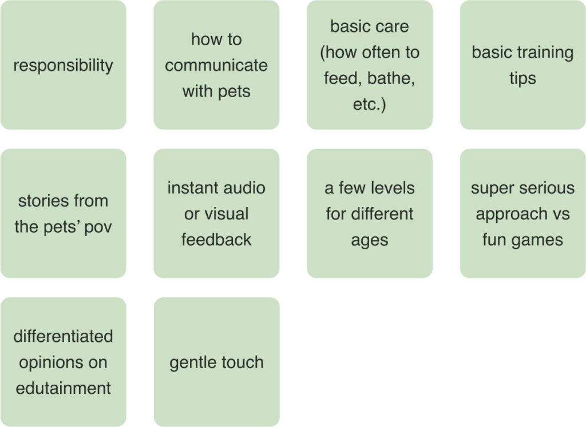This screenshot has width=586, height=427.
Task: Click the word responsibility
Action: (63, 66)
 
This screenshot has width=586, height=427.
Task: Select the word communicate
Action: (216, 65)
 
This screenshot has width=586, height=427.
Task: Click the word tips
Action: (522, 78)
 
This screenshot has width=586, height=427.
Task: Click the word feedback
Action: (216, 240)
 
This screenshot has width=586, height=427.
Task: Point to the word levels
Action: (392, 187)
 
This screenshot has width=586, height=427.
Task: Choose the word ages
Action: (369, 240)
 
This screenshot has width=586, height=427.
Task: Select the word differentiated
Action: (63, 336)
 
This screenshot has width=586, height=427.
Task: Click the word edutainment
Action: (63, 388)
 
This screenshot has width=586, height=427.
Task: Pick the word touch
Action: (242, 362)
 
